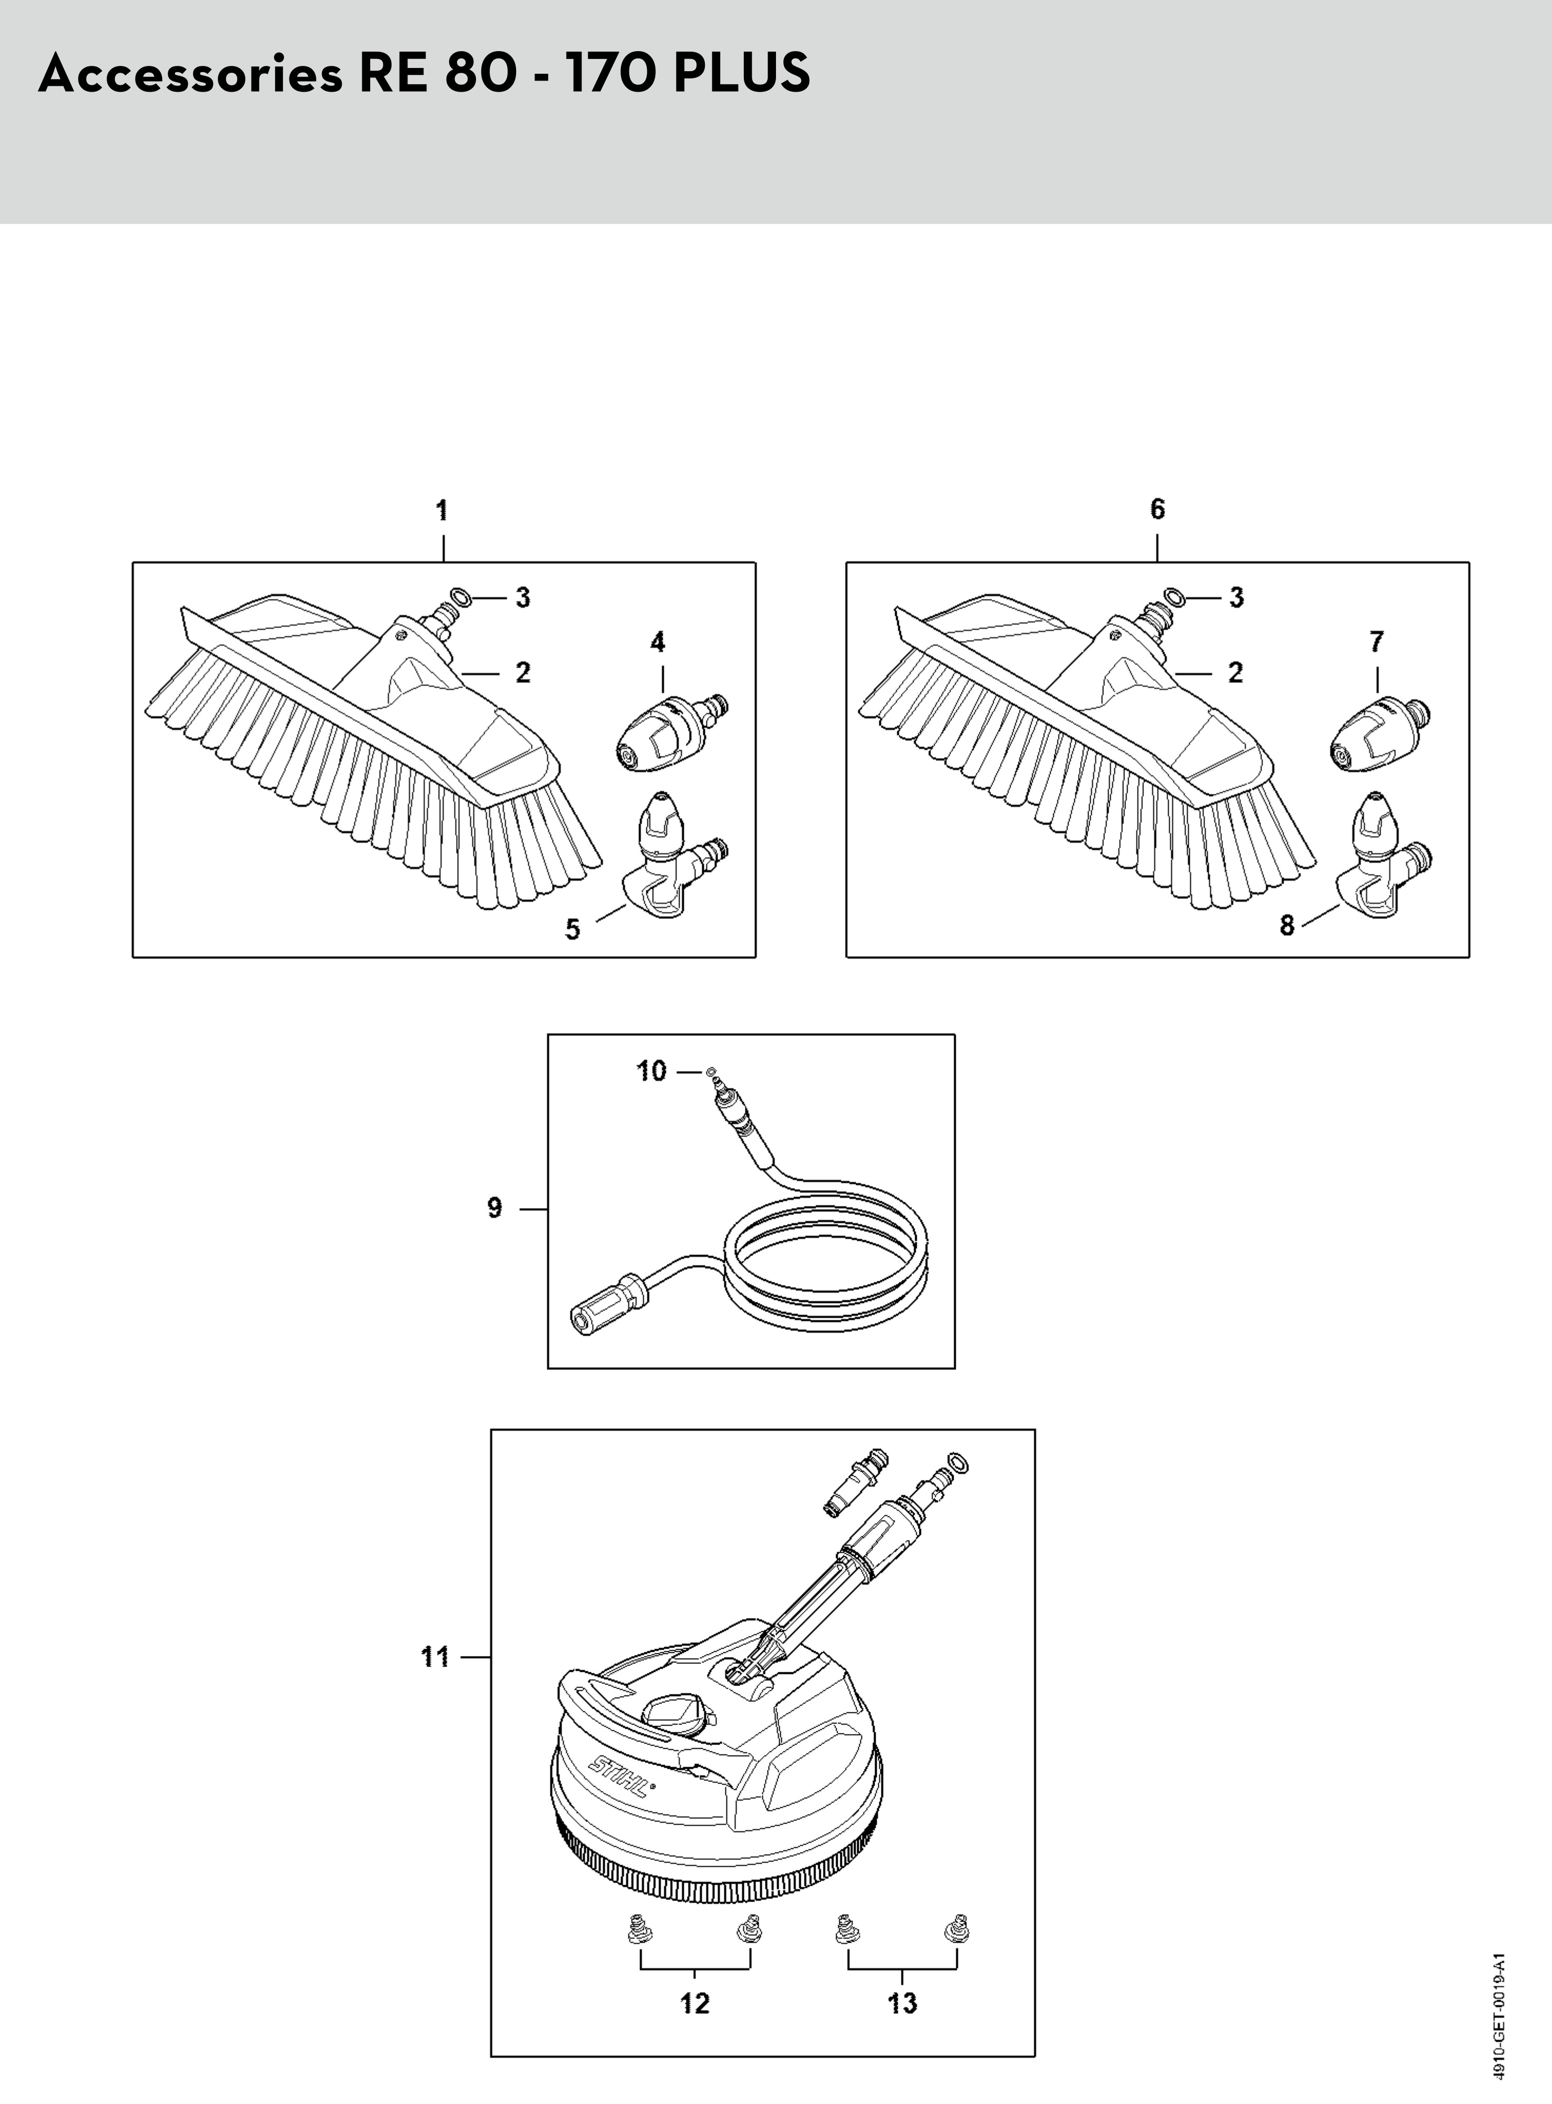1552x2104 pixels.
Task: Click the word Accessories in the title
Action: pyautogui.click(x=191, y=73)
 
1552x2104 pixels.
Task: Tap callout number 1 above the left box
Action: pyautogui.click(x=442, y=511)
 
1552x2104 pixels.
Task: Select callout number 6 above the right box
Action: pyautogui.click(x=1158, y=509)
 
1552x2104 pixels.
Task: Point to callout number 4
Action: pyautogui.click(x=657, y=642)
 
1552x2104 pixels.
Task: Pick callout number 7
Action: pyautogui.click(x=1376, y=642)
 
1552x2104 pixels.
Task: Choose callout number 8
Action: pyautogui.click(x=1287, y=925)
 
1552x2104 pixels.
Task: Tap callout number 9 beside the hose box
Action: pyautogui.click(x=495, y=1208)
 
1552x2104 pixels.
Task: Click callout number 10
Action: pyautogui.click(x=651, y=1071)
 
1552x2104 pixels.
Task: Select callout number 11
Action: pyautogui.click(x=435, y=1657)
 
